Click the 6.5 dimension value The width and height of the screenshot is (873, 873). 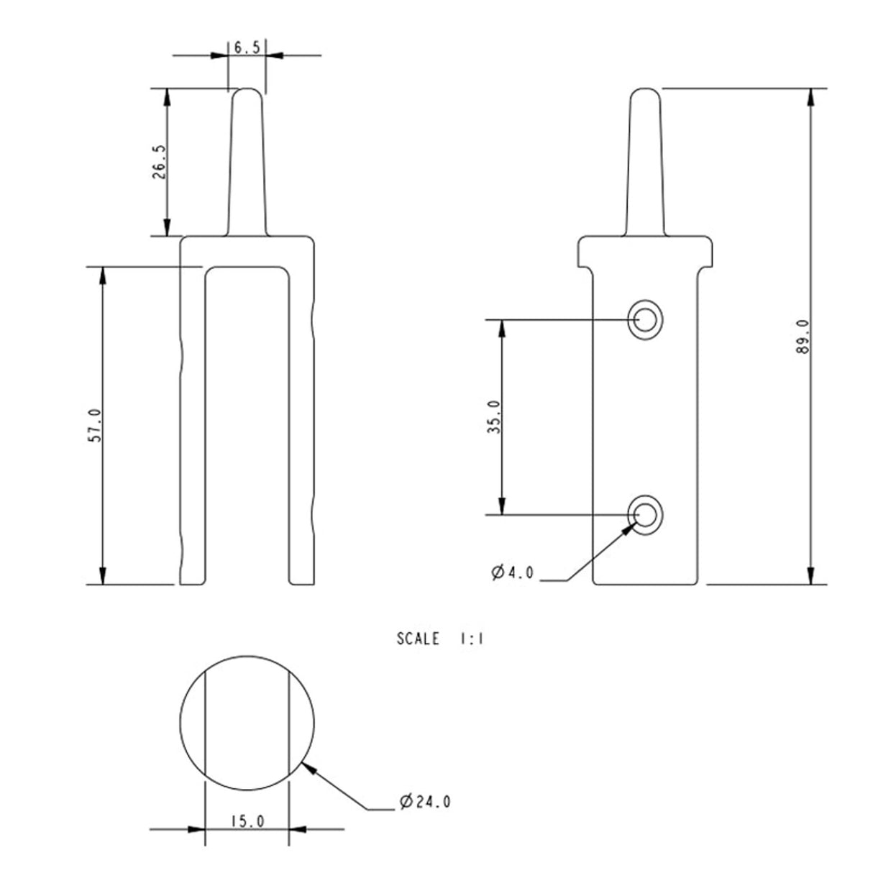point(247,47)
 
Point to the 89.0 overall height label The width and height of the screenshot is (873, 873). point(803,337)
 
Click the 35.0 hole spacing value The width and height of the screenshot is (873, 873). point(493,417)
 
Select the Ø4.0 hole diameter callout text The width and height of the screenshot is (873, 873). point(513,573)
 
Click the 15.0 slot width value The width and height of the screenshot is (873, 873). point(248,821)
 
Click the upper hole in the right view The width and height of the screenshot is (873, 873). point(645,319)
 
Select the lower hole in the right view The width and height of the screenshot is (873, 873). point(645,515)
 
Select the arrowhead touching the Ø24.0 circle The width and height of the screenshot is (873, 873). point(311,770)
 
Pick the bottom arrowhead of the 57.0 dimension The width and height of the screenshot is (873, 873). point(103,575)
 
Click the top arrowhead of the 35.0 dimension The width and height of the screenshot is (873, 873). point(502,329)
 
